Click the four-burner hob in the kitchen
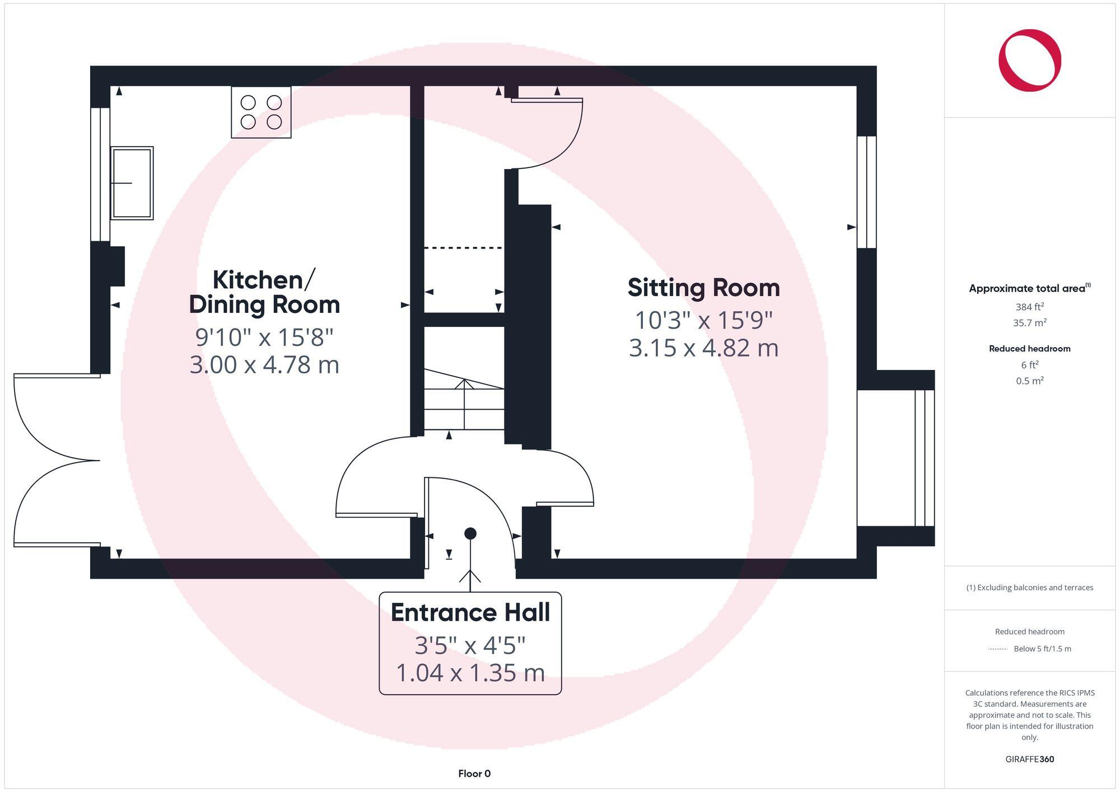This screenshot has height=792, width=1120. click(261, 112)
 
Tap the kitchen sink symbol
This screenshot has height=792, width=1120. click(132, 183)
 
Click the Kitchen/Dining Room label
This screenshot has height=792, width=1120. click(264, 292)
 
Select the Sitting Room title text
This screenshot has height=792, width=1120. click(703, 288)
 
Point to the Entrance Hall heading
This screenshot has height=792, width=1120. click(470, 612)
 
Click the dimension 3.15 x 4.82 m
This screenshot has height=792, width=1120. click(703, 348)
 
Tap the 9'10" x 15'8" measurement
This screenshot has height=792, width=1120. click(264, 338)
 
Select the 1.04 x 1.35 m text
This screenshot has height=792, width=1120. click(470, 673)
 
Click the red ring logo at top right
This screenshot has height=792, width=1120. click(1029, 60)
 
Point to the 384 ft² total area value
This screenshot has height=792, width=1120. click(1029, 307)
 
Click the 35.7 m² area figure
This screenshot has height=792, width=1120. click(1029, 323)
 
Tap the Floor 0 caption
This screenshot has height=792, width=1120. click(474, 774)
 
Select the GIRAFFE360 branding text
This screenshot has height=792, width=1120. click(1029, 759)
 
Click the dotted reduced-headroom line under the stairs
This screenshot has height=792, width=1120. click(463, 247)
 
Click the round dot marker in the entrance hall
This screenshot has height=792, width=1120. click(470, 533)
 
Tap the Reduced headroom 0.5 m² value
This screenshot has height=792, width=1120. click(1029, 381)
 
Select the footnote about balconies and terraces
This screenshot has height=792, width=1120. click(1029, 587)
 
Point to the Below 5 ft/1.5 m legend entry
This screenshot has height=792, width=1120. click(1042, 649)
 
